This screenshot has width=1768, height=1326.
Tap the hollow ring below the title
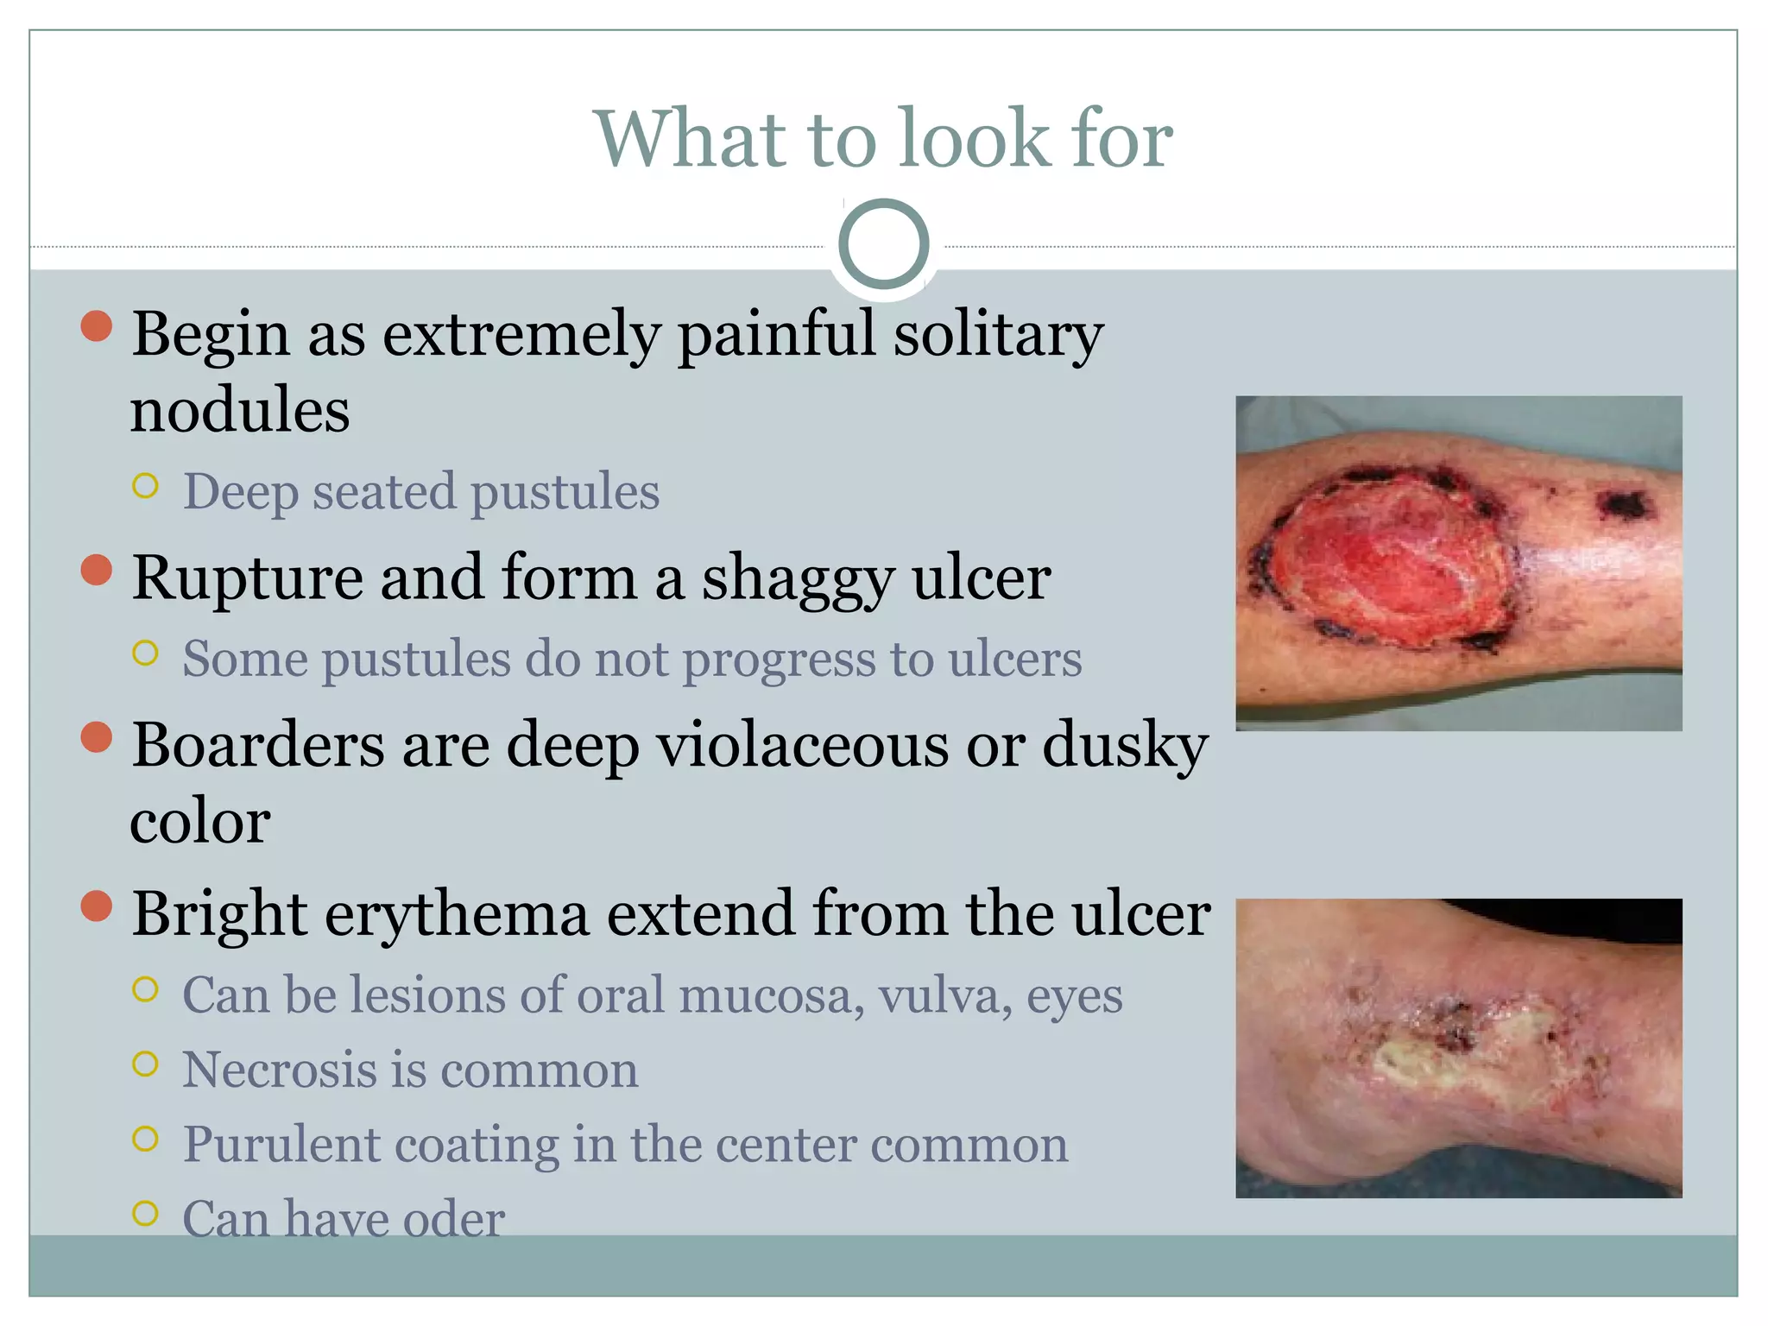(x=883, y=243)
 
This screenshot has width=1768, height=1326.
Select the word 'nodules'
(x=240, y=410)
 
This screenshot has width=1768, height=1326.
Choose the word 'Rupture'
(x=247, y=578)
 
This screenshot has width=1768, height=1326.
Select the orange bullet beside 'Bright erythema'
(x=97, y=906)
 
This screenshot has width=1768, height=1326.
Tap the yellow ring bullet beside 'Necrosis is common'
(x=146, y=1064)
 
